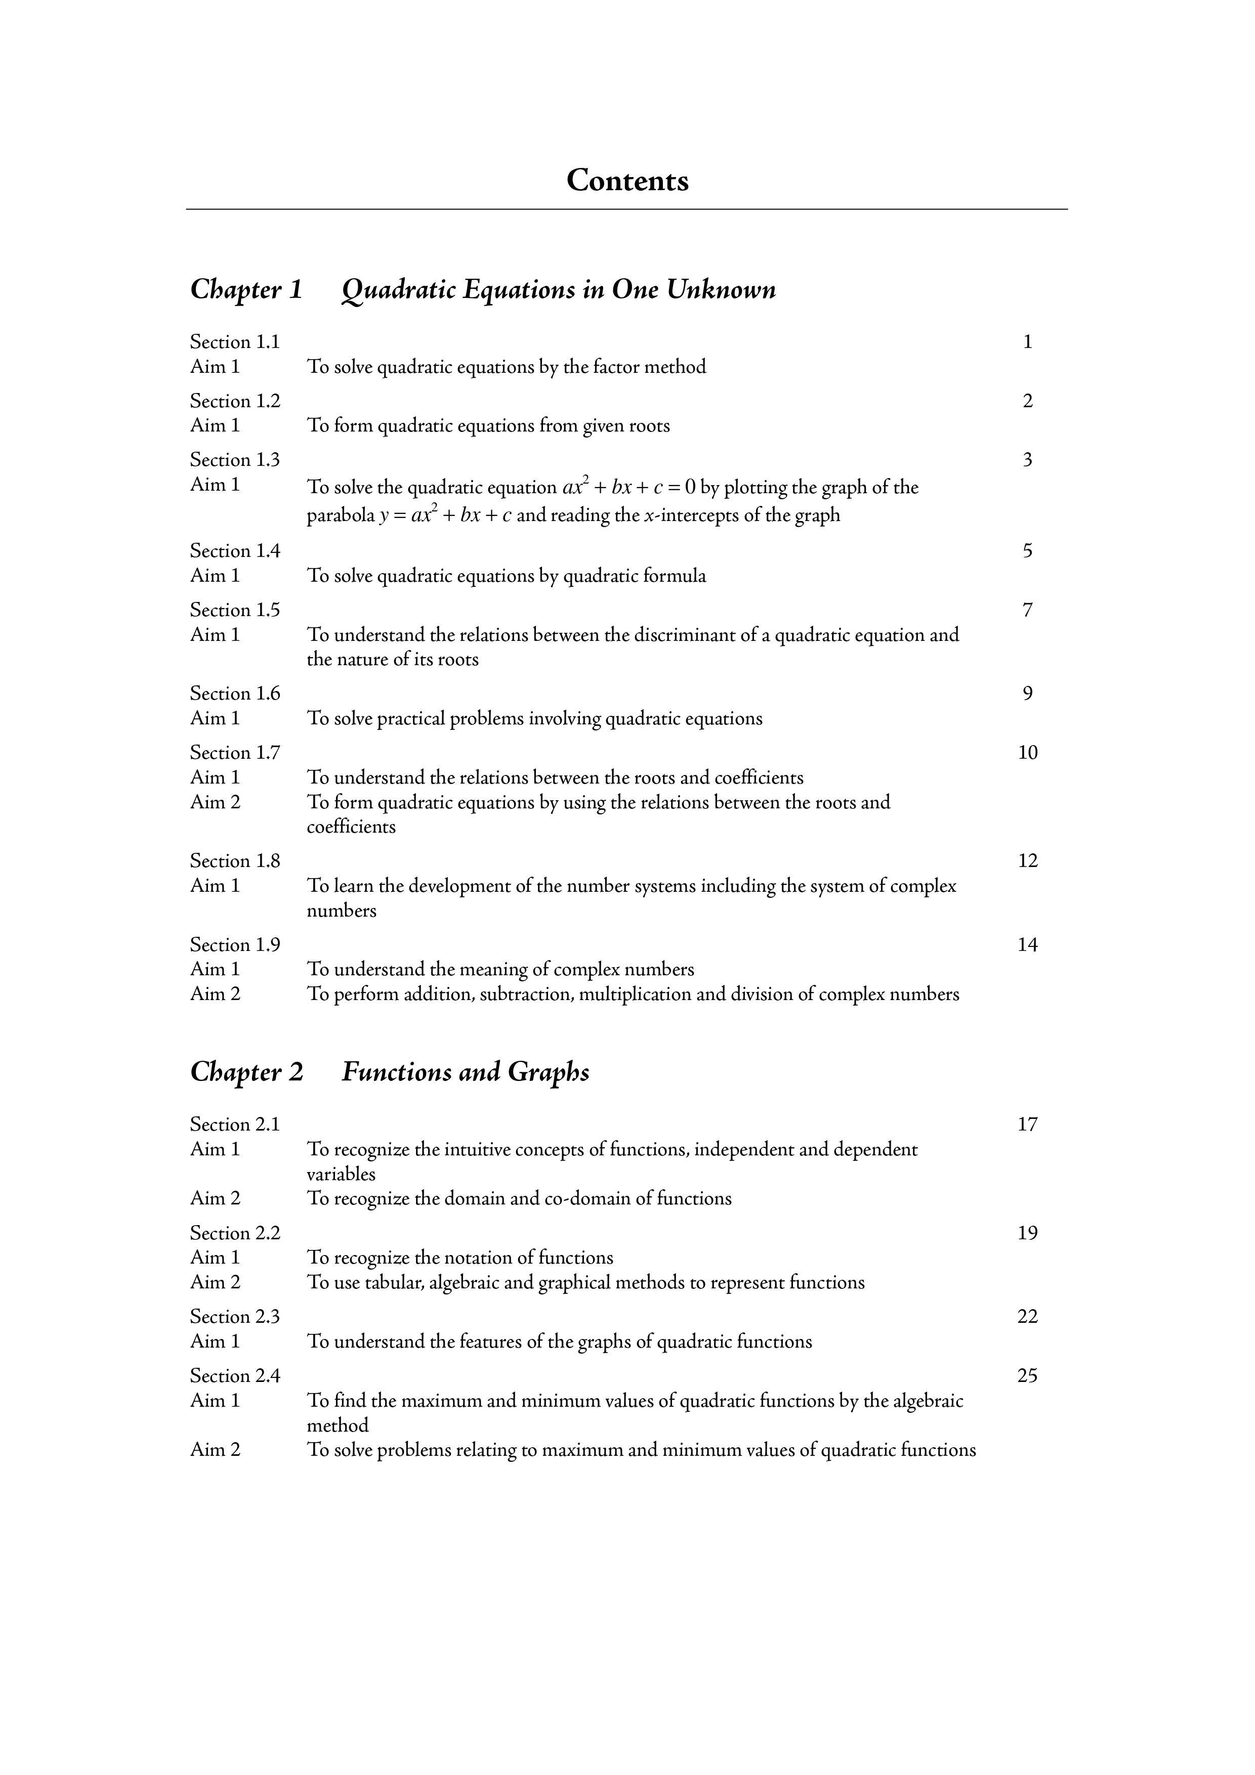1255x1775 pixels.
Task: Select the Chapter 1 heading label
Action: coord(246,289)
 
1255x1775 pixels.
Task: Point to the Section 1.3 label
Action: coord(235,460)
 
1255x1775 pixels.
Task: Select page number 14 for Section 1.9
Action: coord(1027,945)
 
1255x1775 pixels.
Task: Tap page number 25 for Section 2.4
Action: coord(1027,1375)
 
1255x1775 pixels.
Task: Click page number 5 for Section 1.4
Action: coord(1027,551)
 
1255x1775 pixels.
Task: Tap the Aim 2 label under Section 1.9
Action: coord(215,993)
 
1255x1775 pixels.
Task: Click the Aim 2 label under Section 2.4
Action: coord(215,1450)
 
